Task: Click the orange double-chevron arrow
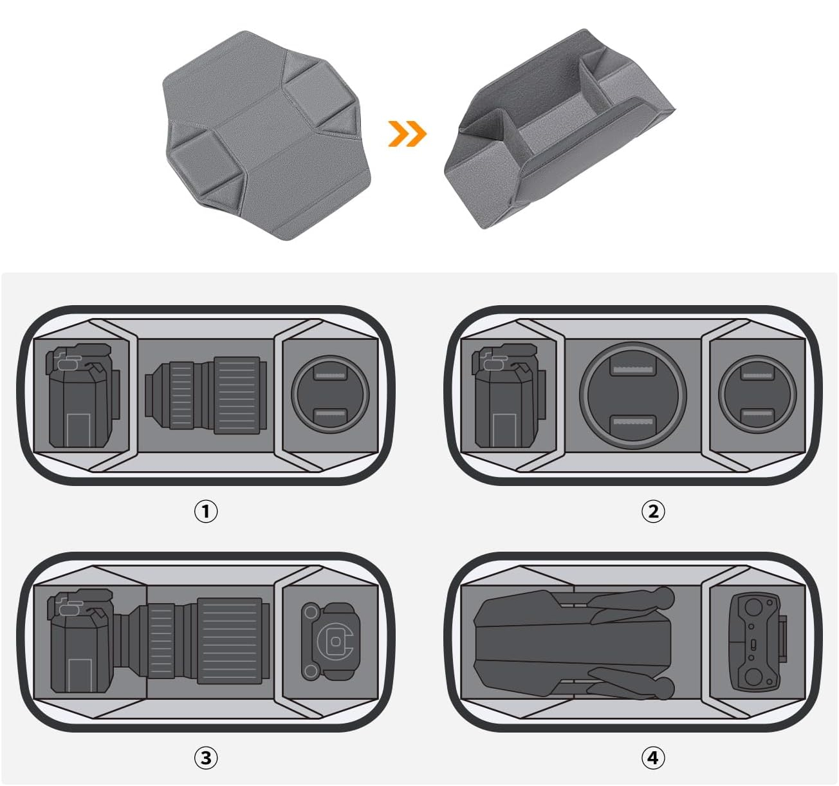pos(407,134)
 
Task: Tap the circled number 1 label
pos(206,511)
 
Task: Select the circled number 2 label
pos(653,511)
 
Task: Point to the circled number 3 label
pos(206,758)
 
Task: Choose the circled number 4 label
pos(653,758)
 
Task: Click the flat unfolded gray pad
pos(266,135)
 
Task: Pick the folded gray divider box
pos(559,129)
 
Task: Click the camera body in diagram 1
pos(83,396)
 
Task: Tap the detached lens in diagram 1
pos(206,396)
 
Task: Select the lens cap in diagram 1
pos(330,395)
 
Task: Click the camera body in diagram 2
pos(509,396)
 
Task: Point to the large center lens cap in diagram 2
pos(633,395)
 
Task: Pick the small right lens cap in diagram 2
pos(757,395)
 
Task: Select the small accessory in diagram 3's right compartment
pos(331,641)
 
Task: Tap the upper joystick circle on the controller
pos(753,608)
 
